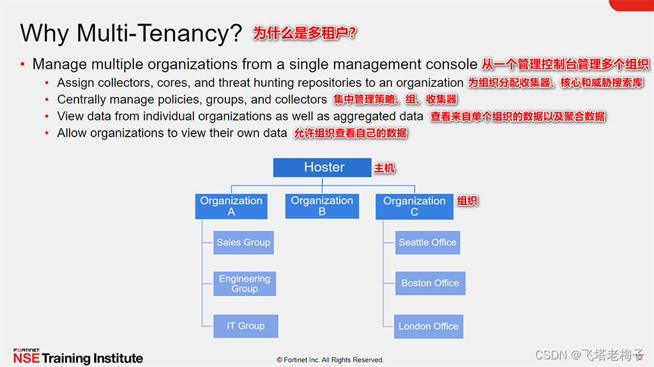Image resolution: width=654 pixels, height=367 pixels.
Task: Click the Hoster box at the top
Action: [x=324, y=167]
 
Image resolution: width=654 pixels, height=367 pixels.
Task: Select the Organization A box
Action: [x=231, y=206]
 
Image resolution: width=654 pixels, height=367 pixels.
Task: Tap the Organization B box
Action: [x=322, y=206]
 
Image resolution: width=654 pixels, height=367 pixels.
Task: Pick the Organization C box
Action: [x=414, y=207]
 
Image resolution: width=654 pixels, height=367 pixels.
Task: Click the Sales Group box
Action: [x=243, y=243]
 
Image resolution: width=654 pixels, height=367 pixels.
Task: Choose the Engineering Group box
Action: [x=245, y=283]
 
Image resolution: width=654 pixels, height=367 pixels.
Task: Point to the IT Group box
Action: [x=246, y=326]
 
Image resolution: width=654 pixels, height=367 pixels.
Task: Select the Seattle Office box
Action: [x=427, y=243]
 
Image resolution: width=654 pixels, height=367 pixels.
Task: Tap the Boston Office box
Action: [x=430, y=283]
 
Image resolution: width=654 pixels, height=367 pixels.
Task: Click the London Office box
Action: [x=429, y=326]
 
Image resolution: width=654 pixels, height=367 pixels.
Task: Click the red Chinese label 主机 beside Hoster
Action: [x=384, y=169]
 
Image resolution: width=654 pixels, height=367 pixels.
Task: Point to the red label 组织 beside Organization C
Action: [x=468, y=201]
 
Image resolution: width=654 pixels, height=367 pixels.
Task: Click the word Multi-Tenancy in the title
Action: [x=160, y=33]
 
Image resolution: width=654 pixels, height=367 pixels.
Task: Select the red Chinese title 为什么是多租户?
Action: [x=305, y=33]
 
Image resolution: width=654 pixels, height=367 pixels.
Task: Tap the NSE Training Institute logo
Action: [x=78, y=357]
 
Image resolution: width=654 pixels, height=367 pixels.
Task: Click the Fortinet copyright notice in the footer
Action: [x=330, y=360]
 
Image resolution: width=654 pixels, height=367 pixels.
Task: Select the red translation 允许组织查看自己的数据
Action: [x=351, y=133]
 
